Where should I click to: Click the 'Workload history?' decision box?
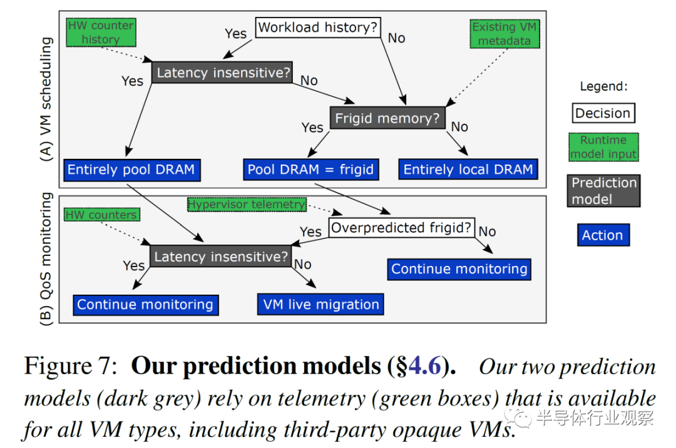pos(318,28)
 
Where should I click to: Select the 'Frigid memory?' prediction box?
pos(387,118)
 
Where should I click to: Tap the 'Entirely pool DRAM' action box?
pos(131,170)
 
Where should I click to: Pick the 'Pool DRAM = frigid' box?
pos(311,170)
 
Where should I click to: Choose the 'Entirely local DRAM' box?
pos(468,170)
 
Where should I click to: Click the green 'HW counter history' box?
pos(101,33)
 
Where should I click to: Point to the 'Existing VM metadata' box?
pos(504,34)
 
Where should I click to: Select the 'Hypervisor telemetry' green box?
pos(247,204)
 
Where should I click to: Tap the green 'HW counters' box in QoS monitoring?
pos(102,215)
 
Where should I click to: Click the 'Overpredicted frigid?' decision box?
pos(402,228)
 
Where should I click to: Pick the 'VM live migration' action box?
pos(320,305)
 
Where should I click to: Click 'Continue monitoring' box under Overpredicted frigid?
pos(459,269)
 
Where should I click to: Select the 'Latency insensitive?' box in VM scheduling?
pos(222,73)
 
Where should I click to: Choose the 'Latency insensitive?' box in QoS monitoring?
pos(221,257)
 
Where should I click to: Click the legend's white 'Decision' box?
pos(603,113)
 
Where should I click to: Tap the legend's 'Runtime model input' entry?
pos(603,147)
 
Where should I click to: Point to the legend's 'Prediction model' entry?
pos(603,191)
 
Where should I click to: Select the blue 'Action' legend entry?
pos(603,235)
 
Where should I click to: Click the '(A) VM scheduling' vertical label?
pos(46,99)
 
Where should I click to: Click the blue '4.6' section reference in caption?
pos(424,366)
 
